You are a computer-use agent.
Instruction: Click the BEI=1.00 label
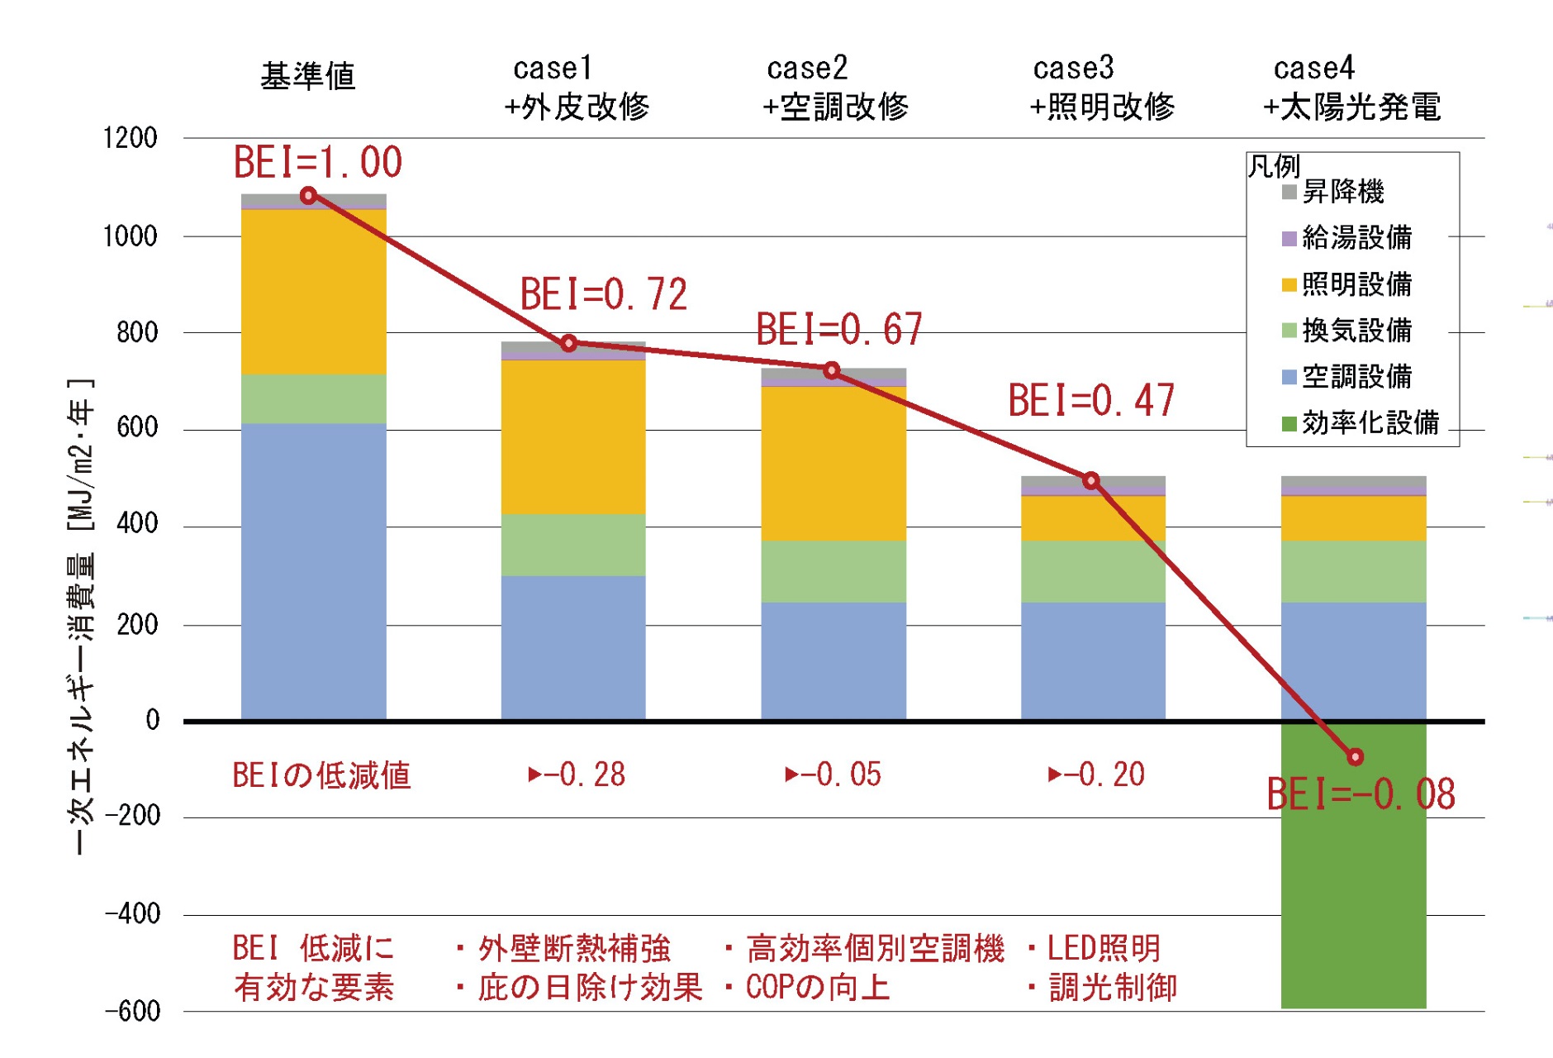point(318,162)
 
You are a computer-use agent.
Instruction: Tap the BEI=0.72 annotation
point(604,294)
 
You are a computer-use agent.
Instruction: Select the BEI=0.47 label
point(1091,401)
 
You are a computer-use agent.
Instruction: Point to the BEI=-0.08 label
point(1361,794)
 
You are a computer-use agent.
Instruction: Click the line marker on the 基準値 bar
point(308,196)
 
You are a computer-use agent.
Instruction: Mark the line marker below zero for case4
point(1355,756)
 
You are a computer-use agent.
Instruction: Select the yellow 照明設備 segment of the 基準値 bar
point(313,291)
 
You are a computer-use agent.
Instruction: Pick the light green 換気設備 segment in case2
point(833,571)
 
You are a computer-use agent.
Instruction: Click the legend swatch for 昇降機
point(1289,193)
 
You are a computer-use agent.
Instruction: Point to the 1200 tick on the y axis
point(130,138)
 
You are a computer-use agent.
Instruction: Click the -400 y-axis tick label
point(132,914)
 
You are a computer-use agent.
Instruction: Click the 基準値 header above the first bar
point(308,77)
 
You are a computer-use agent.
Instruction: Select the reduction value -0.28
point(577,774)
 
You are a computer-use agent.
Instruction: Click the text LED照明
point(1104,948)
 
